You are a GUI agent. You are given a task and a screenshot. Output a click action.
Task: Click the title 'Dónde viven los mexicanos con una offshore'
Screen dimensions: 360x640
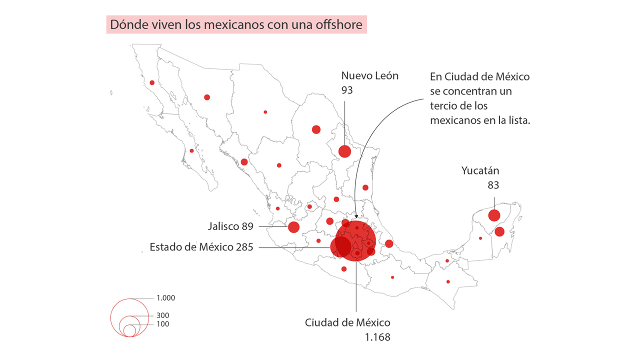(x=236, y=24)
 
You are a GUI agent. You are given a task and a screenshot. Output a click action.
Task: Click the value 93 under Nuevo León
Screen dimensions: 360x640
(x=347, y=90)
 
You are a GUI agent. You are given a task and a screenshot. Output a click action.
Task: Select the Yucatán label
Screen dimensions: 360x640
(x=480, y=171)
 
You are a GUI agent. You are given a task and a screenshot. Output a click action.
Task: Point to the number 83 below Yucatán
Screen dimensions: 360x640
(x=493, y=185)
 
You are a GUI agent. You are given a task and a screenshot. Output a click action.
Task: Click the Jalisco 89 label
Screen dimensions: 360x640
(x=230, y=226)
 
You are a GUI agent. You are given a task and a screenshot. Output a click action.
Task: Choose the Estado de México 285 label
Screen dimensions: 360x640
(x=201, y=247)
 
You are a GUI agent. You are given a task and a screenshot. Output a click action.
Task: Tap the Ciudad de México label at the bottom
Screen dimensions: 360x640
(x=347, y=322)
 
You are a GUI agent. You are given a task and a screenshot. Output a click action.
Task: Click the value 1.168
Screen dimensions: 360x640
(x=377, y=337)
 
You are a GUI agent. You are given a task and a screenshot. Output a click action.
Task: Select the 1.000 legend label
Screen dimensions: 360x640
(x=165, y=298)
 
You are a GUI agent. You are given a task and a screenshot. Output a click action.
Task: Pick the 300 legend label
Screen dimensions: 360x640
(x=162, y=315)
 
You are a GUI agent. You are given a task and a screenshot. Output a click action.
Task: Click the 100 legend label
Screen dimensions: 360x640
(x=162, y=324)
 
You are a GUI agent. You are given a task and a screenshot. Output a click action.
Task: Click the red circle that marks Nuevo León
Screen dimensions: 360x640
(x=344, y=151)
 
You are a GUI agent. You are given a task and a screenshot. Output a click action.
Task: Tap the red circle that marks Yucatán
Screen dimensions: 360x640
(x=494, y=215)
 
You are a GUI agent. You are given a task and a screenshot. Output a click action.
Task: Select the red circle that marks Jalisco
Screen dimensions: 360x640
(x=293, y=227)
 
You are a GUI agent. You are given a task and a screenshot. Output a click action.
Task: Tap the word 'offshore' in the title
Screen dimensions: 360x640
(x=343, y=24)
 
